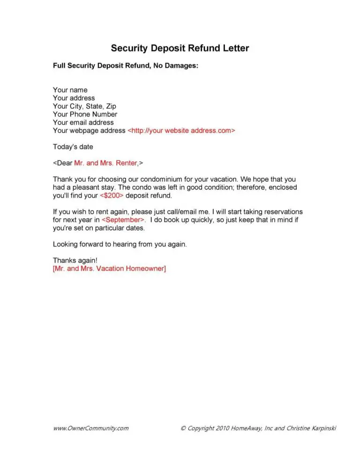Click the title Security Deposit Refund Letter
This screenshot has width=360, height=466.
tap(180, 48)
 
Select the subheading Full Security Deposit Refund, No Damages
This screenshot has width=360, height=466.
tap(126, 66)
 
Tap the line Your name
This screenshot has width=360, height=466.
tap(70, 90)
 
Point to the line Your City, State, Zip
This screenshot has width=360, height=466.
tap(84, 106)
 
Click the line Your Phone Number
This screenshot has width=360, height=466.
tap(85, 114)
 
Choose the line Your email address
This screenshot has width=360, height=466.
tap(83, 122)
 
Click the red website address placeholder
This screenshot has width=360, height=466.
tap(181, 131)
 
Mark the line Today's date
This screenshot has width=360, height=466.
tap(73, 147)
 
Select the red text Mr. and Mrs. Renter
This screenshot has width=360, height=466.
tap(105, 163)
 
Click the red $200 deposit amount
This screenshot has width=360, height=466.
tap(112, 195)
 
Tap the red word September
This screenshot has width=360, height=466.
tap(123, 220)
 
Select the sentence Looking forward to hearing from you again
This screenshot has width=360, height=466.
tap(120, 244)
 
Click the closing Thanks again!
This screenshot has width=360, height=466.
tap(75, 261)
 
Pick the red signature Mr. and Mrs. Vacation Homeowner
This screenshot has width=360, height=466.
tap(109, 269)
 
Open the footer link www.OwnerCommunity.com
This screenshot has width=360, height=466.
tap(90, 428)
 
